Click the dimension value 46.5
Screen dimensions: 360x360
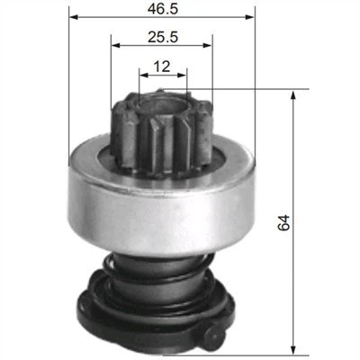pyautogui.click(x=163, y=9)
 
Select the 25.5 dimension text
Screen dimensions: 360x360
pyautogui.click(x=163, y=38)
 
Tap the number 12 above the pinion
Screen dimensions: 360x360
pyautogui.click(x=162, y=67)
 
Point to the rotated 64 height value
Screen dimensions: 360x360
pyautogui.click(x=284, y=222)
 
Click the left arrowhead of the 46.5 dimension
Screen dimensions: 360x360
pyautogui.click(x=74, y=17)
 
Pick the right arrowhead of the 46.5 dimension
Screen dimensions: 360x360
pyautogui.click(x=250, y=17)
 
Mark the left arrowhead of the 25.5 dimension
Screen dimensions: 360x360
pyautogui.click(x=116, y=45)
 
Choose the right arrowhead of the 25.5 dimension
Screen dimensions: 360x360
pyautogui.click(x=208, y=45)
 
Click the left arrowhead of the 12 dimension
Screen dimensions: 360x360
pyautogui.click(x=144, y=75)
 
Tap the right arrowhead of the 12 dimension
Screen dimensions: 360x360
pyautogui.click(x=182, y=75)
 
